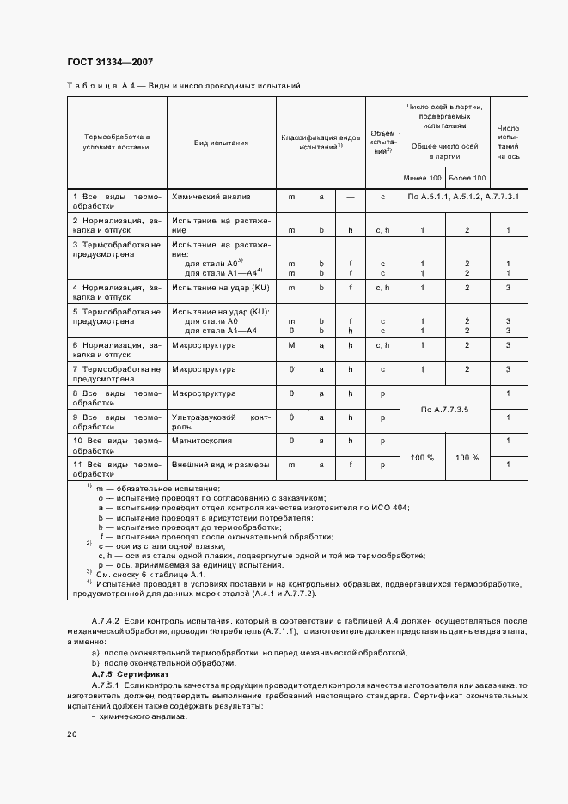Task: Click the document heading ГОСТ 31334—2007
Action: [x=110, y=62]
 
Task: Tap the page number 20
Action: [x=72, y=734]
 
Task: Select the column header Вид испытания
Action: [x=221, y=143]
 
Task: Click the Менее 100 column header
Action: [x=422, y=177]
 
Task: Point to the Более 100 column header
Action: [x=467, y=177]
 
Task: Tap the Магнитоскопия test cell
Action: [x=202, y=440]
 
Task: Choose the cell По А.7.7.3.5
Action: [x=444, y=410]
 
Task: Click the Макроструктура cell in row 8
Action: [x=204, y=393]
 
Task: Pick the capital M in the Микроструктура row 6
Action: [x=291, y=344]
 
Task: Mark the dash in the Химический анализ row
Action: [x=350, y=197]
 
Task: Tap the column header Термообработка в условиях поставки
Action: [x=116, y=142]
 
